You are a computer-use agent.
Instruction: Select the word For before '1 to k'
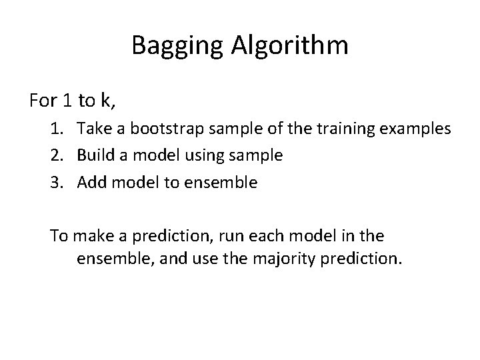pos(43,101)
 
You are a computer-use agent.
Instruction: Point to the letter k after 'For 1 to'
pos(107,101)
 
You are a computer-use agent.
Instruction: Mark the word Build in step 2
pos(94,155)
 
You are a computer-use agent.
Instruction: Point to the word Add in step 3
pos(91,181)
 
